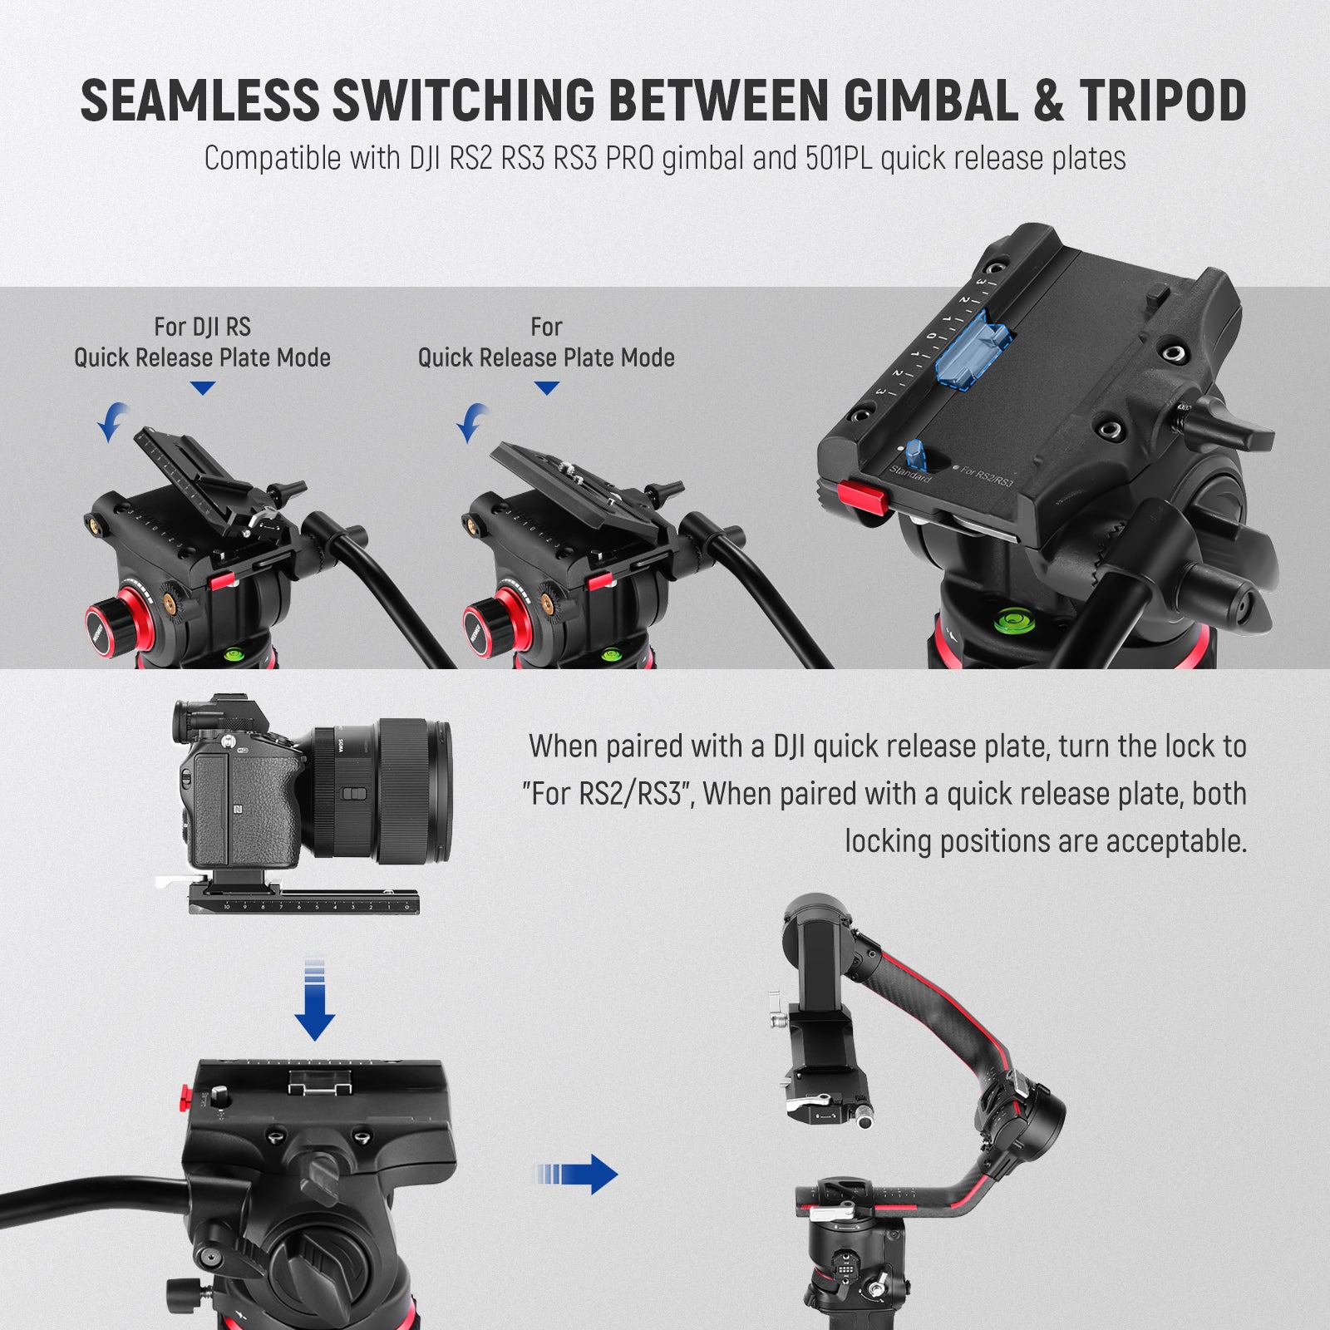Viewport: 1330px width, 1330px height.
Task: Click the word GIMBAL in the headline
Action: coord(931,101)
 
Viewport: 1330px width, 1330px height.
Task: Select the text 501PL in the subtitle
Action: coord(838,158)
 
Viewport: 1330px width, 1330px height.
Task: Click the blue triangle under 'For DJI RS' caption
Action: coord(202,388)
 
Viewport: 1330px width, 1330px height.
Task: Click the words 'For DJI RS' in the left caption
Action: coord(202,327)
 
